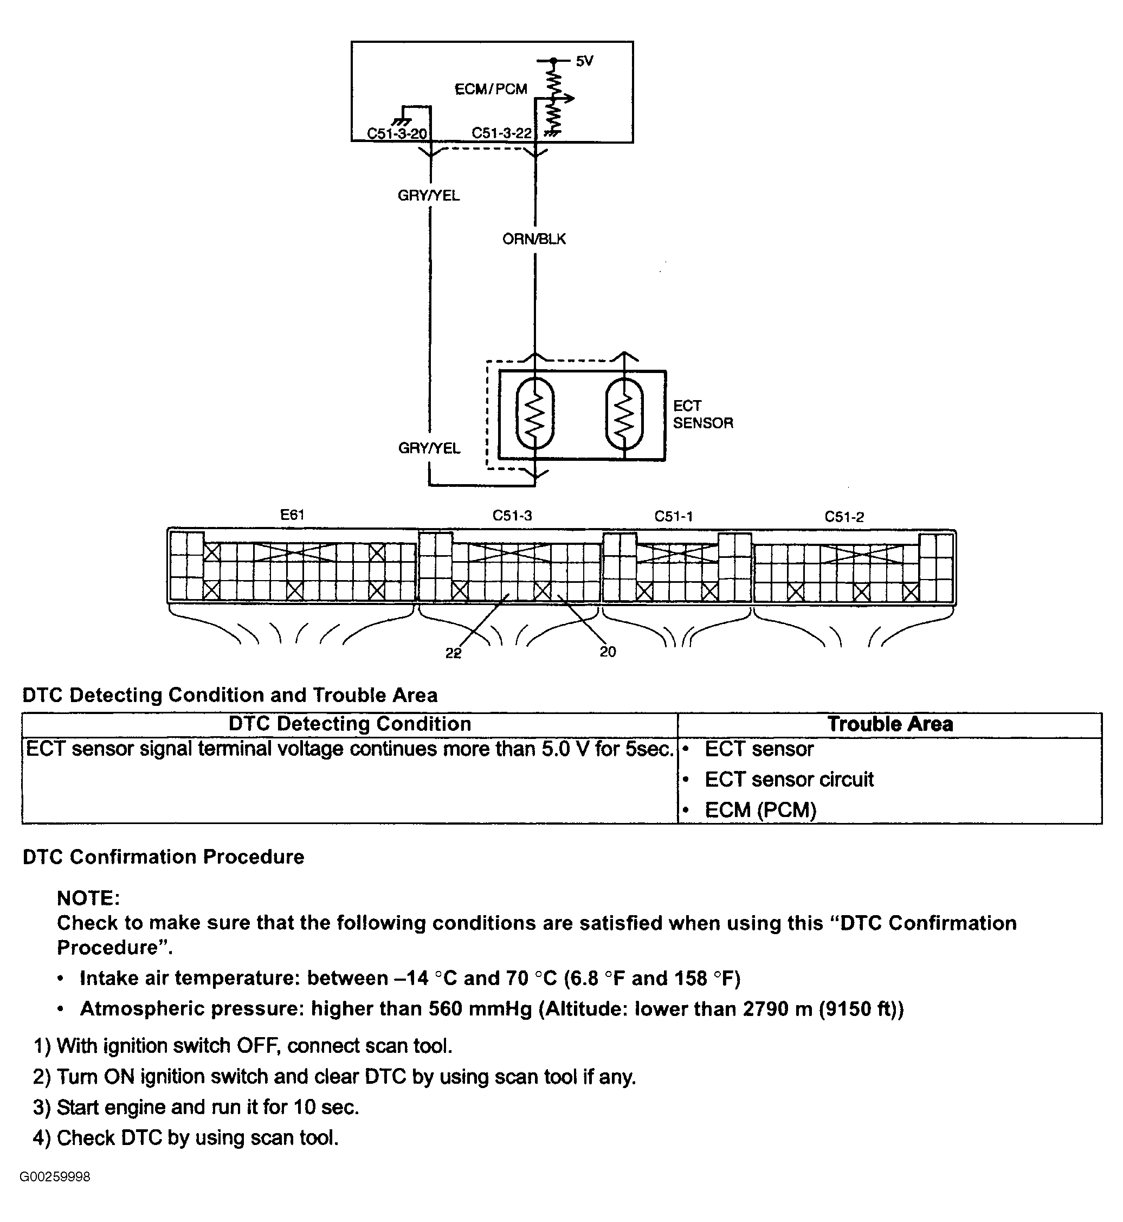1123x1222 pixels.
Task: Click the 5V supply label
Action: [x=584, y=61]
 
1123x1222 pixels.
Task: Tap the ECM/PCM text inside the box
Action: [x=491, y=89]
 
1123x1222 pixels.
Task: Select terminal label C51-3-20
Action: [x=397, y=134]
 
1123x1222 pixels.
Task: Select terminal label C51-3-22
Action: [x=502, y=133]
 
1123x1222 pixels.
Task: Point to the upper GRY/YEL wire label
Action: [x=428, y=195]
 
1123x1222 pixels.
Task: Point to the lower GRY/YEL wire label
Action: [x=429, y=448]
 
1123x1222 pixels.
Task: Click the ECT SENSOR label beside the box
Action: [x=703, y=414]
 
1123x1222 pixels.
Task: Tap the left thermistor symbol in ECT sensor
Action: [x=535, y=414]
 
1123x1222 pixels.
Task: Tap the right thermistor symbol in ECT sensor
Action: [x=624, y=414]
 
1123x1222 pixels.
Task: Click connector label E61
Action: [x=292, y=515]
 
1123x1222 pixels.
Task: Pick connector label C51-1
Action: [x=673, y=516]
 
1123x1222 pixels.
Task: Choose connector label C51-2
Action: [x=844, y=517]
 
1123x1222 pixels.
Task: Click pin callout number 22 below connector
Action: [x=453, y=653]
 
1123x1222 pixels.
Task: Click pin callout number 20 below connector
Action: [x=608, y=652]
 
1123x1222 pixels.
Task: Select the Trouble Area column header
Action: [x=890, y=724]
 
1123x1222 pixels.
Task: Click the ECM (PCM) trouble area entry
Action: [x=761, y=810]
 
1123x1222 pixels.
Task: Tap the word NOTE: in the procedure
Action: [x=89, y=898]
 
